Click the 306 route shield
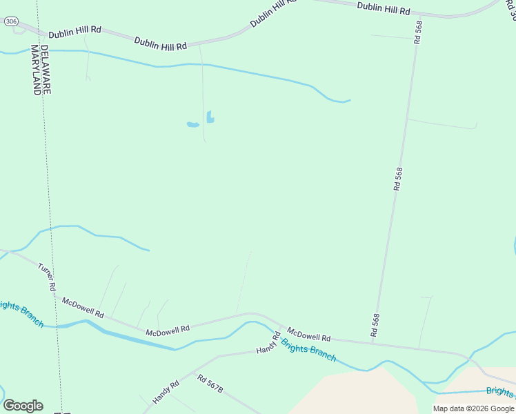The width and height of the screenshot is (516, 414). [10, 22]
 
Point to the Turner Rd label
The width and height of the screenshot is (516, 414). [47, 276]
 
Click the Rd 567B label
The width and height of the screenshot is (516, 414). [210, 384]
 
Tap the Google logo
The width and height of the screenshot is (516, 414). [23, 406]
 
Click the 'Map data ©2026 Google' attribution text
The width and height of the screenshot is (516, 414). [474, 408]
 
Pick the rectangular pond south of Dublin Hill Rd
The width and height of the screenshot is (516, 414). [210, 117]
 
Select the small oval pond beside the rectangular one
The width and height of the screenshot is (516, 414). [193, 125]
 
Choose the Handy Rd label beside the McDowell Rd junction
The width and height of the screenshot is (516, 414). [269, 343]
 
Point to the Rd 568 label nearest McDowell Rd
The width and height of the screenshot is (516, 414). [375, 325]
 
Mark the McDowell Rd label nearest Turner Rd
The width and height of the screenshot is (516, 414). [83, 308]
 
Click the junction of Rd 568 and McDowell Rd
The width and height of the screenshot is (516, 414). [373, 342]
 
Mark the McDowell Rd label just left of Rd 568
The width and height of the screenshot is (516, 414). [309, 336]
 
